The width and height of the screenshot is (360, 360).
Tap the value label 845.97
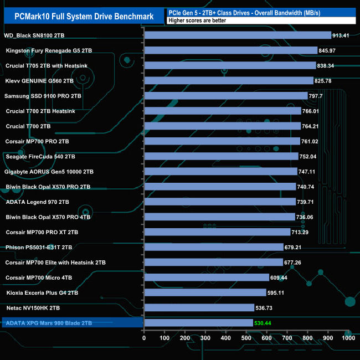[x=330, y=50]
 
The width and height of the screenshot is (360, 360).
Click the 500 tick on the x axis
[x=246, y=338]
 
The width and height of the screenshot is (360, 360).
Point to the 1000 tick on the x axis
[x=348, y=338]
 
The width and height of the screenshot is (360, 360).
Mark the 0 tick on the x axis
[x=144, y=338]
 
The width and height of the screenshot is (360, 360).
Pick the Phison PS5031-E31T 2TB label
[x=39, y=247]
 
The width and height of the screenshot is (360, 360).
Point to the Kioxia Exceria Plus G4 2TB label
[x=42, y=292]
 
